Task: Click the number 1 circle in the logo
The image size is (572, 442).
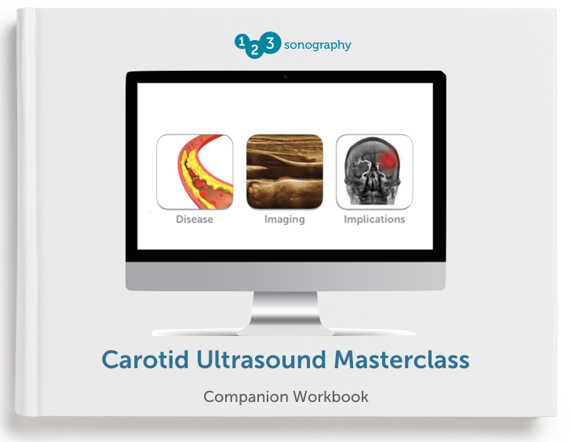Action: pyautogui.click(x=241, y=42)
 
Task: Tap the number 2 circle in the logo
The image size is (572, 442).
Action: pyautogui.click(x=254, y=50)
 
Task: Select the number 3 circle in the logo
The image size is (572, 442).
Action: pyautogui.click(x=271, y=42)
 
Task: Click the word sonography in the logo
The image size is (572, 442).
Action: pyautogui.click(x=317, y=45)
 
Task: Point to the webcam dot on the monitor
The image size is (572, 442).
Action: pyautogui.click(x=286, y=77)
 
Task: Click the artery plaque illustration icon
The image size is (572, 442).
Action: pyautogui.click(x=195, y=172)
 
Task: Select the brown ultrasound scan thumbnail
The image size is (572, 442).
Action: pyautogui.click(x=285, y=172)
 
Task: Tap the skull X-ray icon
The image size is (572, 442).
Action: pyautogui.click(x=374, y=172)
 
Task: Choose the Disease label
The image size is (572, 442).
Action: pyautogui.click(x=195, y=219)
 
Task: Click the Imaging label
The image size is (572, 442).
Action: pyautogui.click(x=285, y=219)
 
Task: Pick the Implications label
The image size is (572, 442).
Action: pyautogui.click(x=374, y=219)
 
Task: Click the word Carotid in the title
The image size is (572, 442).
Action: pyautogui.click(x=145, y=360)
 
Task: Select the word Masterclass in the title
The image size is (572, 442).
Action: pyautogui.click(x=402, y=360)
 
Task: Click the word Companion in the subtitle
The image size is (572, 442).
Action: pyautogui.click(x=246, y=397)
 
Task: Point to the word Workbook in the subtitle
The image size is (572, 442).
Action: pyautogui.click(x=331, y=396)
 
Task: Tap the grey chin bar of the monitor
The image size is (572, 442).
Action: pyautogui.click(x=286, y=276)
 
